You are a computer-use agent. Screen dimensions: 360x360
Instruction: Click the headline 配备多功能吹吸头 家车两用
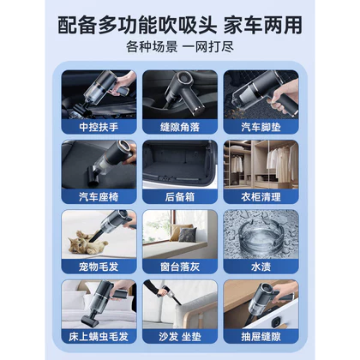pos(180,25)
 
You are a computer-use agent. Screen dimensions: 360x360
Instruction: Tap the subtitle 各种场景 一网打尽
pos(180,47)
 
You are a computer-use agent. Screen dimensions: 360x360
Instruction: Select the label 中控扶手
pos(99,127)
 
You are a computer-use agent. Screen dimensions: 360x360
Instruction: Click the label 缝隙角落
pos(180,127)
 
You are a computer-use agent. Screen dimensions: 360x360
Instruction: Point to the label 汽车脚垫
pos(261,127)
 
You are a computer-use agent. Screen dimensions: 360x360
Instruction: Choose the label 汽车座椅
pos(99,197)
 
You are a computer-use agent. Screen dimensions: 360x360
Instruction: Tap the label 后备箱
pos(180,197)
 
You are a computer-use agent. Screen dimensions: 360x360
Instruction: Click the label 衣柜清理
pos(261,197)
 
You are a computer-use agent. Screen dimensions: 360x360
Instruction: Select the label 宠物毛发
pos(99,267)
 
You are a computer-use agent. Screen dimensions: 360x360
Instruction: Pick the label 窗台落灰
pos(180,267)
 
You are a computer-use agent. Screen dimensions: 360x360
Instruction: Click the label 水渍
pos(261,267)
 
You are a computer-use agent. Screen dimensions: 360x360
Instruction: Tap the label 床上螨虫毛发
pos(99,337)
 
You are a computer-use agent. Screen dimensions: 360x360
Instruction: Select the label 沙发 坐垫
pos(180,337)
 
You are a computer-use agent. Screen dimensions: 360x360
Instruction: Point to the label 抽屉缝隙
pos(261,337)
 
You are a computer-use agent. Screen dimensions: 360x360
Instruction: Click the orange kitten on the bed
pos(86,243)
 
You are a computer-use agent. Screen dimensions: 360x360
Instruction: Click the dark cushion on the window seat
pos(187,234)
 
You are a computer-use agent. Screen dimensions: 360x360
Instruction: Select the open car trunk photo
pos(180,165)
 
